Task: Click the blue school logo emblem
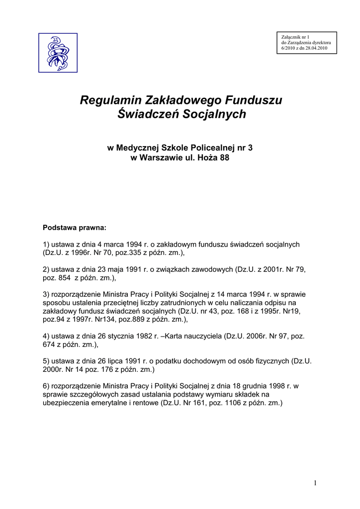[x=58, y=53]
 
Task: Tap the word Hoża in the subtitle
[x=206, y=158]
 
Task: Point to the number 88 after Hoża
[x=224, y=158]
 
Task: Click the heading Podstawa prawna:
[x=75, y=228]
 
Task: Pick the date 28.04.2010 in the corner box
[x=317, y=48]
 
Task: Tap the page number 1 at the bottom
[x=316, y=483]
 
